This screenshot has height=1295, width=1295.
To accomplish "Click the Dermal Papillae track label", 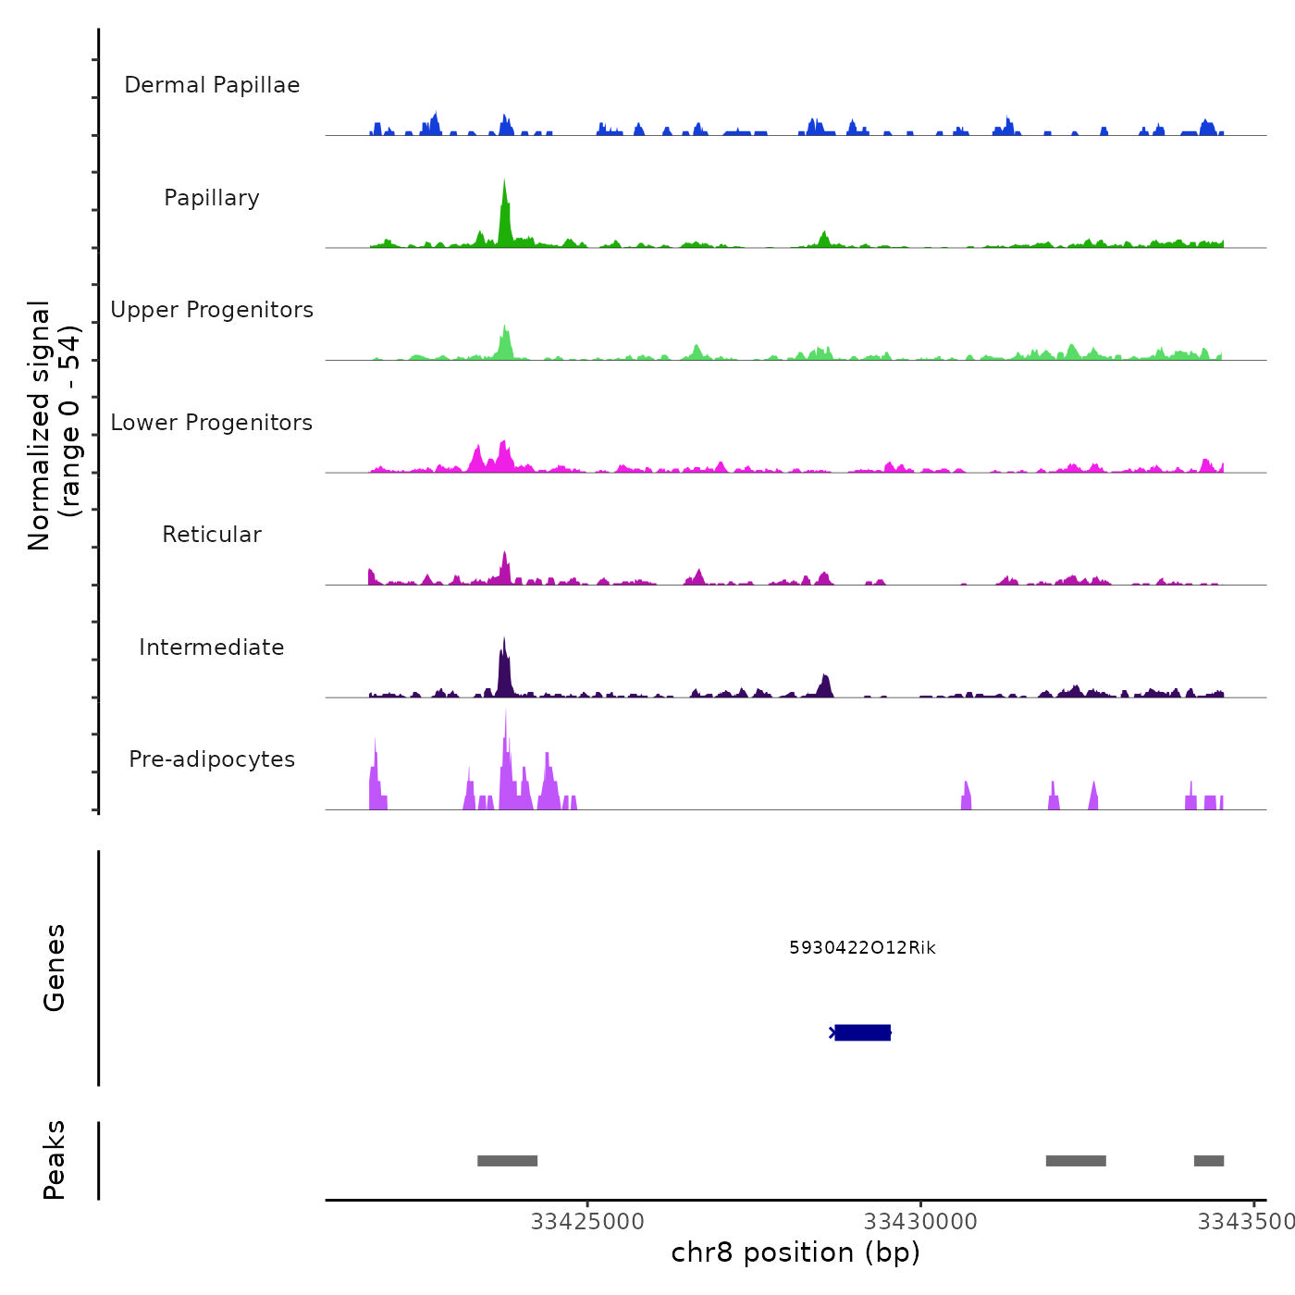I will pos(212,85).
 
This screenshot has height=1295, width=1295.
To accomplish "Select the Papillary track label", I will pos(212,198).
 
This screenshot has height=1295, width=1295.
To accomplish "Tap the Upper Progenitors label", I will pos(212,310).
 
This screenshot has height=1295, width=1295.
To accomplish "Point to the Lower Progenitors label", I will pos(212,423).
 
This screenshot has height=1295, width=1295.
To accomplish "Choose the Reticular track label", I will pos(212,535).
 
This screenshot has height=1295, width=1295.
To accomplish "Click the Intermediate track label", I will pos(212,647).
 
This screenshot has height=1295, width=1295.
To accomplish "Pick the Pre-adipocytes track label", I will pos(212,759).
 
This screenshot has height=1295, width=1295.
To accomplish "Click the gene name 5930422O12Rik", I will pos(862,948).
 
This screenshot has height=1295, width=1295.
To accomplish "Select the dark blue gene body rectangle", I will pos(863,1032).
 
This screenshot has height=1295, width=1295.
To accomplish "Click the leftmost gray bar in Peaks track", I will pos(507,1161).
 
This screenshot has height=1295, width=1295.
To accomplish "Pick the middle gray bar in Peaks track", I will pos(1076,1161).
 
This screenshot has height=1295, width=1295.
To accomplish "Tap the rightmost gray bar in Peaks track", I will pos(1209,1161).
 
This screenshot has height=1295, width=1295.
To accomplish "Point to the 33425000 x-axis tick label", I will pos(587,1222).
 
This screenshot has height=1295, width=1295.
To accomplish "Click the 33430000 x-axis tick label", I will pos(920,1222).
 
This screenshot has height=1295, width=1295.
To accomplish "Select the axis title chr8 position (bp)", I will pos(795,1253).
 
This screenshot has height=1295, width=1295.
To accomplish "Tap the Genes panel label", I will pos(55,968).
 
